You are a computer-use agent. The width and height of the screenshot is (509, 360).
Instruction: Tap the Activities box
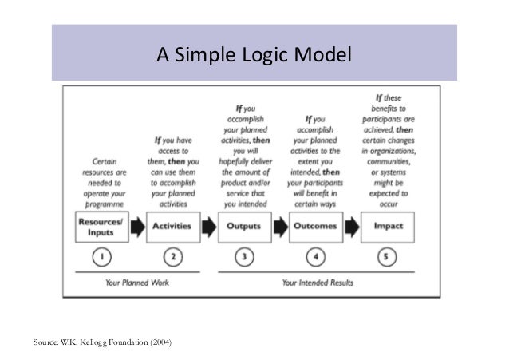pos(172,226)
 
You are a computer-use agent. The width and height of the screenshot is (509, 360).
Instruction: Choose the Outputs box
pos(244,226)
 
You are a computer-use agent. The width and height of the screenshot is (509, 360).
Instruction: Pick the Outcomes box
pos(314,226)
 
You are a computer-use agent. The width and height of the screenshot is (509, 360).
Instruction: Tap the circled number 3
pos(244,256)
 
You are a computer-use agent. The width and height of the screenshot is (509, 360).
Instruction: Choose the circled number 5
pos(387,256)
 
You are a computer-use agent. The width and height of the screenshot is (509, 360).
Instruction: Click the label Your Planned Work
pos(136,282)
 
